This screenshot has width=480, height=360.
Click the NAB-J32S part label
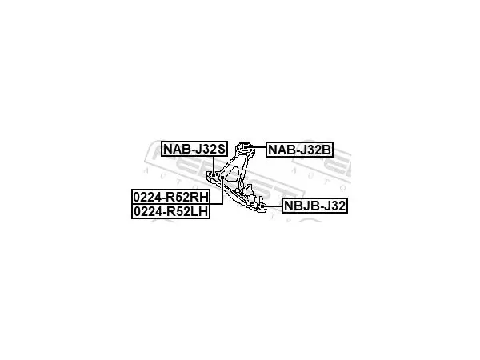click(194, 149)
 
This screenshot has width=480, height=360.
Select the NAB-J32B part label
click(299, 150)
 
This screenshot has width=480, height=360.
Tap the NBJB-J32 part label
click(314, 206)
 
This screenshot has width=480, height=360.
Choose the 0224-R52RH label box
click(171, 197)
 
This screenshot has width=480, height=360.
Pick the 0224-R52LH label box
click(171, 211)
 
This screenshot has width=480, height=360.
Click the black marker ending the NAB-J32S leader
click(214, 174)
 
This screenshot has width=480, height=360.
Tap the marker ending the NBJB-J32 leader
click(262, 206)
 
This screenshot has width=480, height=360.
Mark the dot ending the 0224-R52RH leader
click(222, 178)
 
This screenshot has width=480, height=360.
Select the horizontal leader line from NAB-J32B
click(257, 147)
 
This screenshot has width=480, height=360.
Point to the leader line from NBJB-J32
click(273, 206)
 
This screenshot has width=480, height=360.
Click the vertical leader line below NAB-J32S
click(214, 165)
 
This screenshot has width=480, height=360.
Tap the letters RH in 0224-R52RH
click(199, 197)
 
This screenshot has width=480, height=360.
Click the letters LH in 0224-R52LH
click(199, 211)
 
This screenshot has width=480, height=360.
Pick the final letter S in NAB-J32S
click(222, 149)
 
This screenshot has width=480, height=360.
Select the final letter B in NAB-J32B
click(326, 150)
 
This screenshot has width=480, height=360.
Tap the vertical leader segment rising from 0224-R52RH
click(222, 191)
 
